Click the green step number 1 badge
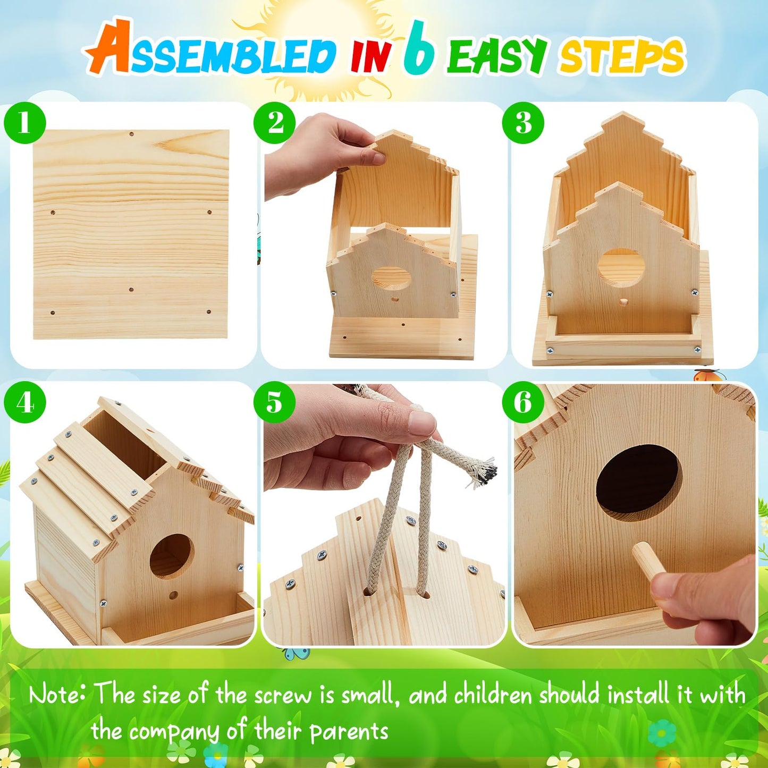point(24,123)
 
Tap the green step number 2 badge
point(274,123)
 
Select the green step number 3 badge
point(523,123)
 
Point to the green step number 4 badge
point(24,402)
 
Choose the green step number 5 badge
point(274,402)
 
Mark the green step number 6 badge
point(523,402)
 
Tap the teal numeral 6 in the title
point(418,49)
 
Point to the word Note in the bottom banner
point(57,695)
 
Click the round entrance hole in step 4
point(171,556)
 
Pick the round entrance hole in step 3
point(621,268)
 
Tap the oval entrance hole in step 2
point(392,278)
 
